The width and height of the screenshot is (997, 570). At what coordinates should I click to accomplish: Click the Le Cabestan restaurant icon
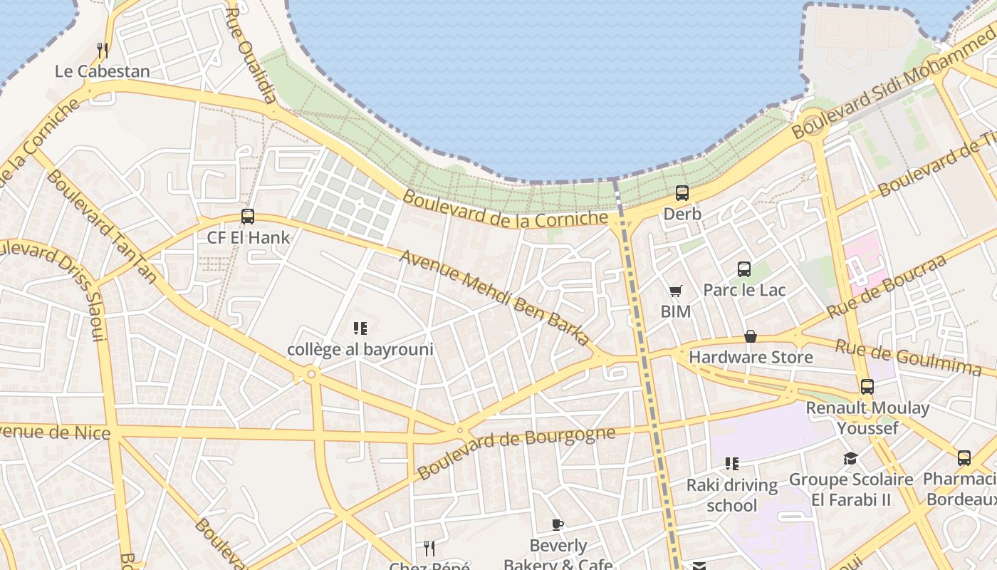(x=103, y=51)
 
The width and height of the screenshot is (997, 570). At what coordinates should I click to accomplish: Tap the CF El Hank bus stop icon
(x=248, y=217)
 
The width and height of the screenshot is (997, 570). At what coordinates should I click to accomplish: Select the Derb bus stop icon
(x=682, y=193)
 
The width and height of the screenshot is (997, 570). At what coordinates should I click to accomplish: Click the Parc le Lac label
(x=744, y=290)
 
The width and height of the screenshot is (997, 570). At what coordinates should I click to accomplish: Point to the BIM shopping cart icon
(x=675, y=291)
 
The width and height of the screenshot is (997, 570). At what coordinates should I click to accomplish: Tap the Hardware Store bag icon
(x=751, y=336)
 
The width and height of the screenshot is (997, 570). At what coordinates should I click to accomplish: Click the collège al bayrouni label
(x=360, y=350)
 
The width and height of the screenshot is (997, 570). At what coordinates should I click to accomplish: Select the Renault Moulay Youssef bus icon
(x=867, y=387)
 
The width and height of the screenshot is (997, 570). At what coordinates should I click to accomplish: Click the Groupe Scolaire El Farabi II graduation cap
(x=850, y=458)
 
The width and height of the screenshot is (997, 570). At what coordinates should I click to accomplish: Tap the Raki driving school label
(x=731, y=495)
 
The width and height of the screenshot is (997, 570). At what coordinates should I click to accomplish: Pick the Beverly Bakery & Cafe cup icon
(x=558, y=525)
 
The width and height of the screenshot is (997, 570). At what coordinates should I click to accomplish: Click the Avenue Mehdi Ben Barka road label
(x=495, y=298)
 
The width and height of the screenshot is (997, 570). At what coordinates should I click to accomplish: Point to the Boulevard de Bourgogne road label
(x=516, y=453)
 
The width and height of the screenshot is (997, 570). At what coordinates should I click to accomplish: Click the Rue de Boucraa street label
(x=886, y=286)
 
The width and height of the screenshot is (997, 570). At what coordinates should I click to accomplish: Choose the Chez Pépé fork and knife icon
(x=429, y=548)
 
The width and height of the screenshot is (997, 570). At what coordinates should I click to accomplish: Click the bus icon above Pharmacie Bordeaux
(x=964, y=458)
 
